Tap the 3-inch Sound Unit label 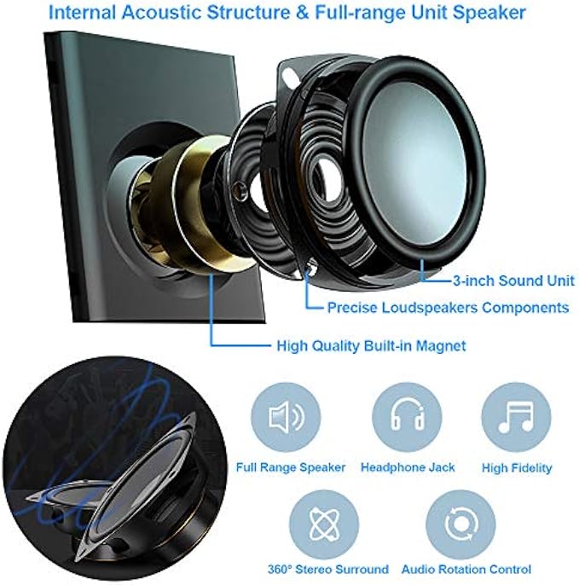(x=514, y=280)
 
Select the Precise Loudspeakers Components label (x=448, y=307)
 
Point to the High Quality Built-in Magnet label (x=372, y=346)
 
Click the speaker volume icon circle (x=286, y=418)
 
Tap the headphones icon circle (x=408, y=418)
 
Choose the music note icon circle (x=516, y=418)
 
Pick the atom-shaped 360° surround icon (x=324, y=521)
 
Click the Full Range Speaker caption (x=291, y=467)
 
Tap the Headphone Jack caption (x=408, y=467)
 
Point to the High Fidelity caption (x=517, y=467)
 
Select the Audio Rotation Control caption (x=466, y=569)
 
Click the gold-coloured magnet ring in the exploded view (x=199, y=196)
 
